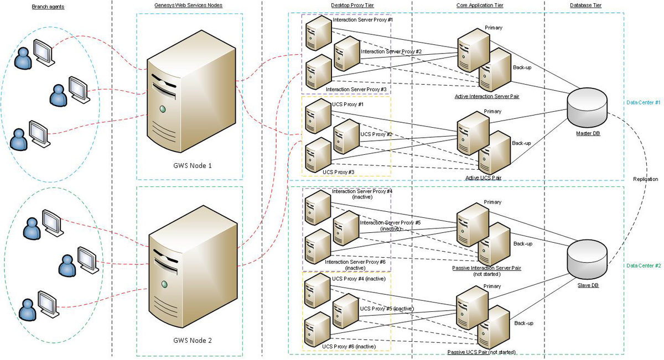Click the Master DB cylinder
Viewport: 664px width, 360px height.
pyautogui.click(x=587, y=108)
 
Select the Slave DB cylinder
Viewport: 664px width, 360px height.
pyautogui.click(x=587, y=259)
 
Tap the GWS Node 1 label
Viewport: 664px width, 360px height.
pyautogui.click(x=193, y=166)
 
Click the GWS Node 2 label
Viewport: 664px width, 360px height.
pyautogui.click(x=193, y=341)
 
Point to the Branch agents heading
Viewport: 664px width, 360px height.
pyautogui.click(x=48, y=7)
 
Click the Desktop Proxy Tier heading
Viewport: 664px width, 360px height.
pyautogui.click(x=352, y=6)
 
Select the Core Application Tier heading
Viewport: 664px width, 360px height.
pyautogui.click(x=480, y=6)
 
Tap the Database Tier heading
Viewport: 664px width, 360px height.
pyautogui.click(x=586, y=6)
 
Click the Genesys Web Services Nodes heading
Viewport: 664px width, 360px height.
pyautogui.click(x=188, y=6)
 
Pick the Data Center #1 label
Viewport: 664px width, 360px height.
pyautogui.click(x=644, y=102)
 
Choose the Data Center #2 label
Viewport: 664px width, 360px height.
pyautogui.click(x=644, y=266)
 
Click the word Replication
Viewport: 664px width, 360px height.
pyautogui.click(x=645, y=179)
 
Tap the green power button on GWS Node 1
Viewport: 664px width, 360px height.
pyautogui.click(x=163, y=109)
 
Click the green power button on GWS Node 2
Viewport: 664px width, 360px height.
pyautogui.click(x=164, y=284)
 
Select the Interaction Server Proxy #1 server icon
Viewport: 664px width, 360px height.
pyautogui.click(x=319, y=33)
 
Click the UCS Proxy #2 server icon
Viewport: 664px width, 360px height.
pyautogui.click(x=346, y=137)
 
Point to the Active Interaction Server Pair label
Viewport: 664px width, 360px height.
pyautogui.click(x=487, y=96)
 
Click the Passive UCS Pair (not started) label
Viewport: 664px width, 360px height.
pyautogui.click(x=481, y=352)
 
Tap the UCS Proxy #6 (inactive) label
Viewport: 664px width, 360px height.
pyautogui.click(x=349, y=346)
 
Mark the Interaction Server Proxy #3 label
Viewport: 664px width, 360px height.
pyautogui.click(x=356, y=89)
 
